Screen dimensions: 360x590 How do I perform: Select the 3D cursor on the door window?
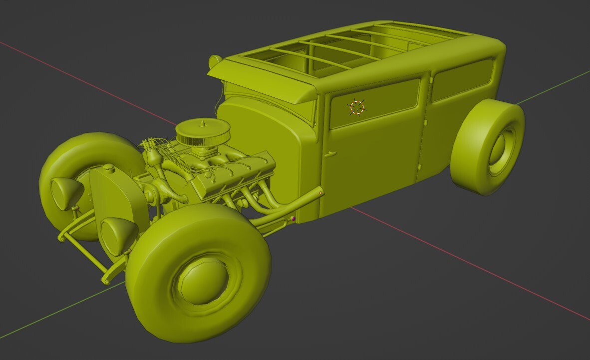[357, 107]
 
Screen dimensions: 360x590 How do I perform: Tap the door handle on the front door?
[330, 154]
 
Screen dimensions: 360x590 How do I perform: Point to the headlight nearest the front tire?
[119, 235]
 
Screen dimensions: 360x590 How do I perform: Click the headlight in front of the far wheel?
[66, 193]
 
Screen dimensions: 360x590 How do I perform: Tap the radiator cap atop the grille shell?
[109, 168]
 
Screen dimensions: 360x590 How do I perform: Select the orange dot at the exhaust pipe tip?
[320, 193]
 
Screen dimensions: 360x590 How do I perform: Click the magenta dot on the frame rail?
[294, 219]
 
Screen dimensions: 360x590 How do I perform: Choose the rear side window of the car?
[462, 79]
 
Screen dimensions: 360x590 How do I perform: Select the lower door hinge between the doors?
[420, 167]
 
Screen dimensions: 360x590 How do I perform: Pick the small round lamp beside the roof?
[215, 61]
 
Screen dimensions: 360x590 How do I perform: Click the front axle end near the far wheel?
[62, 238]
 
